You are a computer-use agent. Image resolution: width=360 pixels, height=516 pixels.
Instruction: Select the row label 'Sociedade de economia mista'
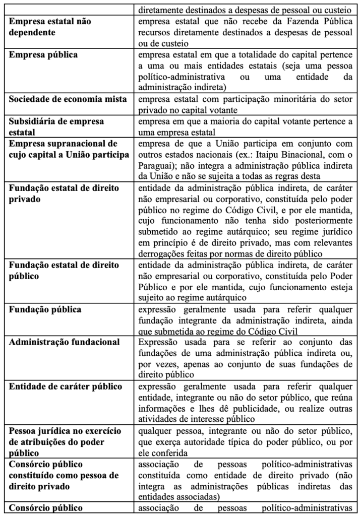[x=68, y=97]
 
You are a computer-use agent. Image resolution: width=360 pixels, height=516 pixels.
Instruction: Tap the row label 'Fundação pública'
[x=45, y=309]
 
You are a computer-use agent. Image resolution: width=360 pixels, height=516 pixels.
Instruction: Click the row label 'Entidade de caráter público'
[x=65, y=386]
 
